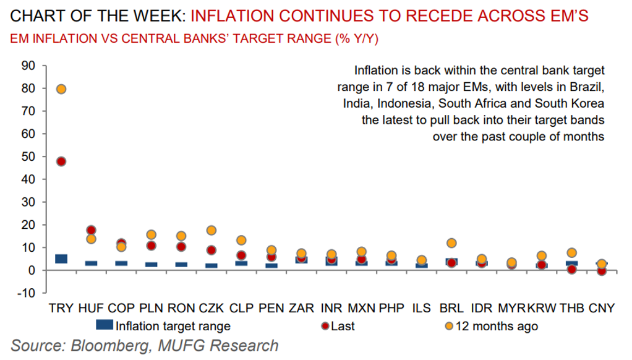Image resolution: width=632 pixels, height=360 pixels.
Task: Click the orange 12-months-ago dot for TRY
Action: [x=61, y=89]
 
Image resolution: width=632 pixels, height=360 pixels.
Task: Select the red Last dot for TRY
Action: [x=61, y=161]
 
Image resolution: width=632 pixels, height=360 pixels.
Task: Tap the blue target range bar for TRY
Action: [x=61, y=259]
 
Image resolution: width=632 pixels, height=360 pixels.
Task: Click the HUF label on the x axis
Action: [x=91, y=308]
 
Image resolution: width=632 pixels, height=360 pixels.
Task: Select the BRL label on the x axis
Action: [x=451, y=308]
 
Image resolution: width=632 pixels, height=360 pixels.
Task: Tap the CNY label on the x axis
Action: [x=602, y=308]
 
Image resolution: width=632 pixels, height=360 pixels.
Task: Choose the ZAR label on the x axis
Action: [x=301, y=308]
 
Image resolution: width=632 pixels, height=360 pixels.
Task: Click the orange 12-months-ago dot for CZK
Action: [x=211, y=231]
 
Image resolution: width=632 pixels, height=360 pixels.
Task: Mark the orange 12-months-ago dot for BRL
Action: [x=451, y=243]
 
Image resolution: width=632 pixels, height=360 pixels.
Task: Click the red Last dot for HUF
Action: [x=91, y=231]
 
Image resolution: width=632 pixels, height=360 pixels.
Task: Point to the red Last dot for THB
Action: [x=571, y=269]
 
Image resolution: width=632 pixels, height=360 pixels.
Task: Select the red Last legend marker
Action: [x=325, y=325]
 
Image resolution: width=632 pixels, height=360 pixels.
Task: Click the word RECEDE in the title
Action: [x=403, y=14]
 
